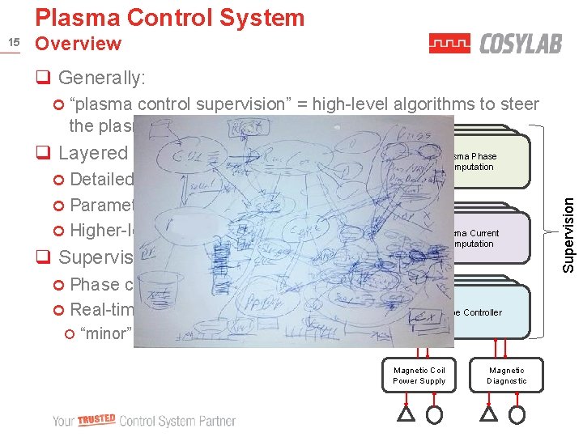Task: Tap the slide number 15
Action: click(x=12, y=43)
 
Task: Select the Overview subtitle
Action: click(x=79, y=44)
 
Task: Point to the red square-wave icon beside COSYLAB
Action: click(x=449, y=44)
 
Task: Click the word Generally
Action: click(x=101, y=78)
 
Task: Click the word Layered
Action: click(x=93, y=153)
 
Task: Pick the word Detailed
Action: click(x=101, y=179)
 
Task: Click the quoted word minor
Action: click(x=104, y=333)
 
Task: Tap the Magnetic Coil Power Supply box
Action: click(x=419, y=375)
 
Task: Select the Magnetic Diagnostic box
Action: click(x=506, y=375)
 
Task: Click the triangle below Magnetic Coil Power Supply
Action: click(x=406, y=414)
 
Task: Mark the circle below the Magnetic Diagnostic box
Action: click(x=517, y=414)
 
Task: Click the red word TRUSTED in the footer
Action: click(x=97, y=421)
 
